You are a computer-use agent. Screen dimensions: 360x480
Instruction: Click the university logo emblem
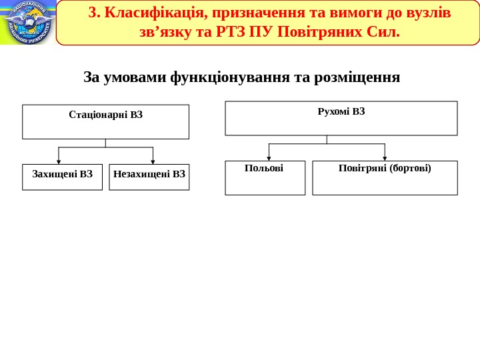pos(28,23)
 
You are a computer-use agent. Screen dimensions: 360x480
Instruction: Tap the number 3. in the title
pos(94,13)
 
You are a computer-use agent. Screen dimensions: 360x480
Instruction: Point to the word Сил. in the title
pos(383,31)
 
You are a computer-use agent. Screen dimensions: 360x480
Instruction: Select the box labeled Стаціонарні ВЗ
pos(105,121)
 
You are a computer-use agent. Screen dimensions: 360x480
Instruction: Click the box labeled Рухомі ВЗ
pos(341,118)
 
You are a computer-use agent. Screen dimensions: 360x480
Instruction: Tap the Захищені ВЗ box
pos(63,177)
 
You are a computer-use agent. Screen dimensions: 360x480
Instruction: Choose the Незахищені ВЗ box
pos(149,177)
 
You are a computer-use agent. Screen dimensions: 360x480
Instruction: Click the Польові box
pos(265,177)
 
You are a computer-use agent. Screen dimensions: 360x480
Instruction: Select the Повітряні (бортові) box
pos(385,177)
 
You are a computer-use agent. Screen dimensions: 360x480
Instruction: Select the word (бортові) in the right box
pos(408,168)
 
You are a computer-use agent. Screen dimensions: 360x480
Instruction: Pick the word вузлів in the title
pos(428,13)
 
